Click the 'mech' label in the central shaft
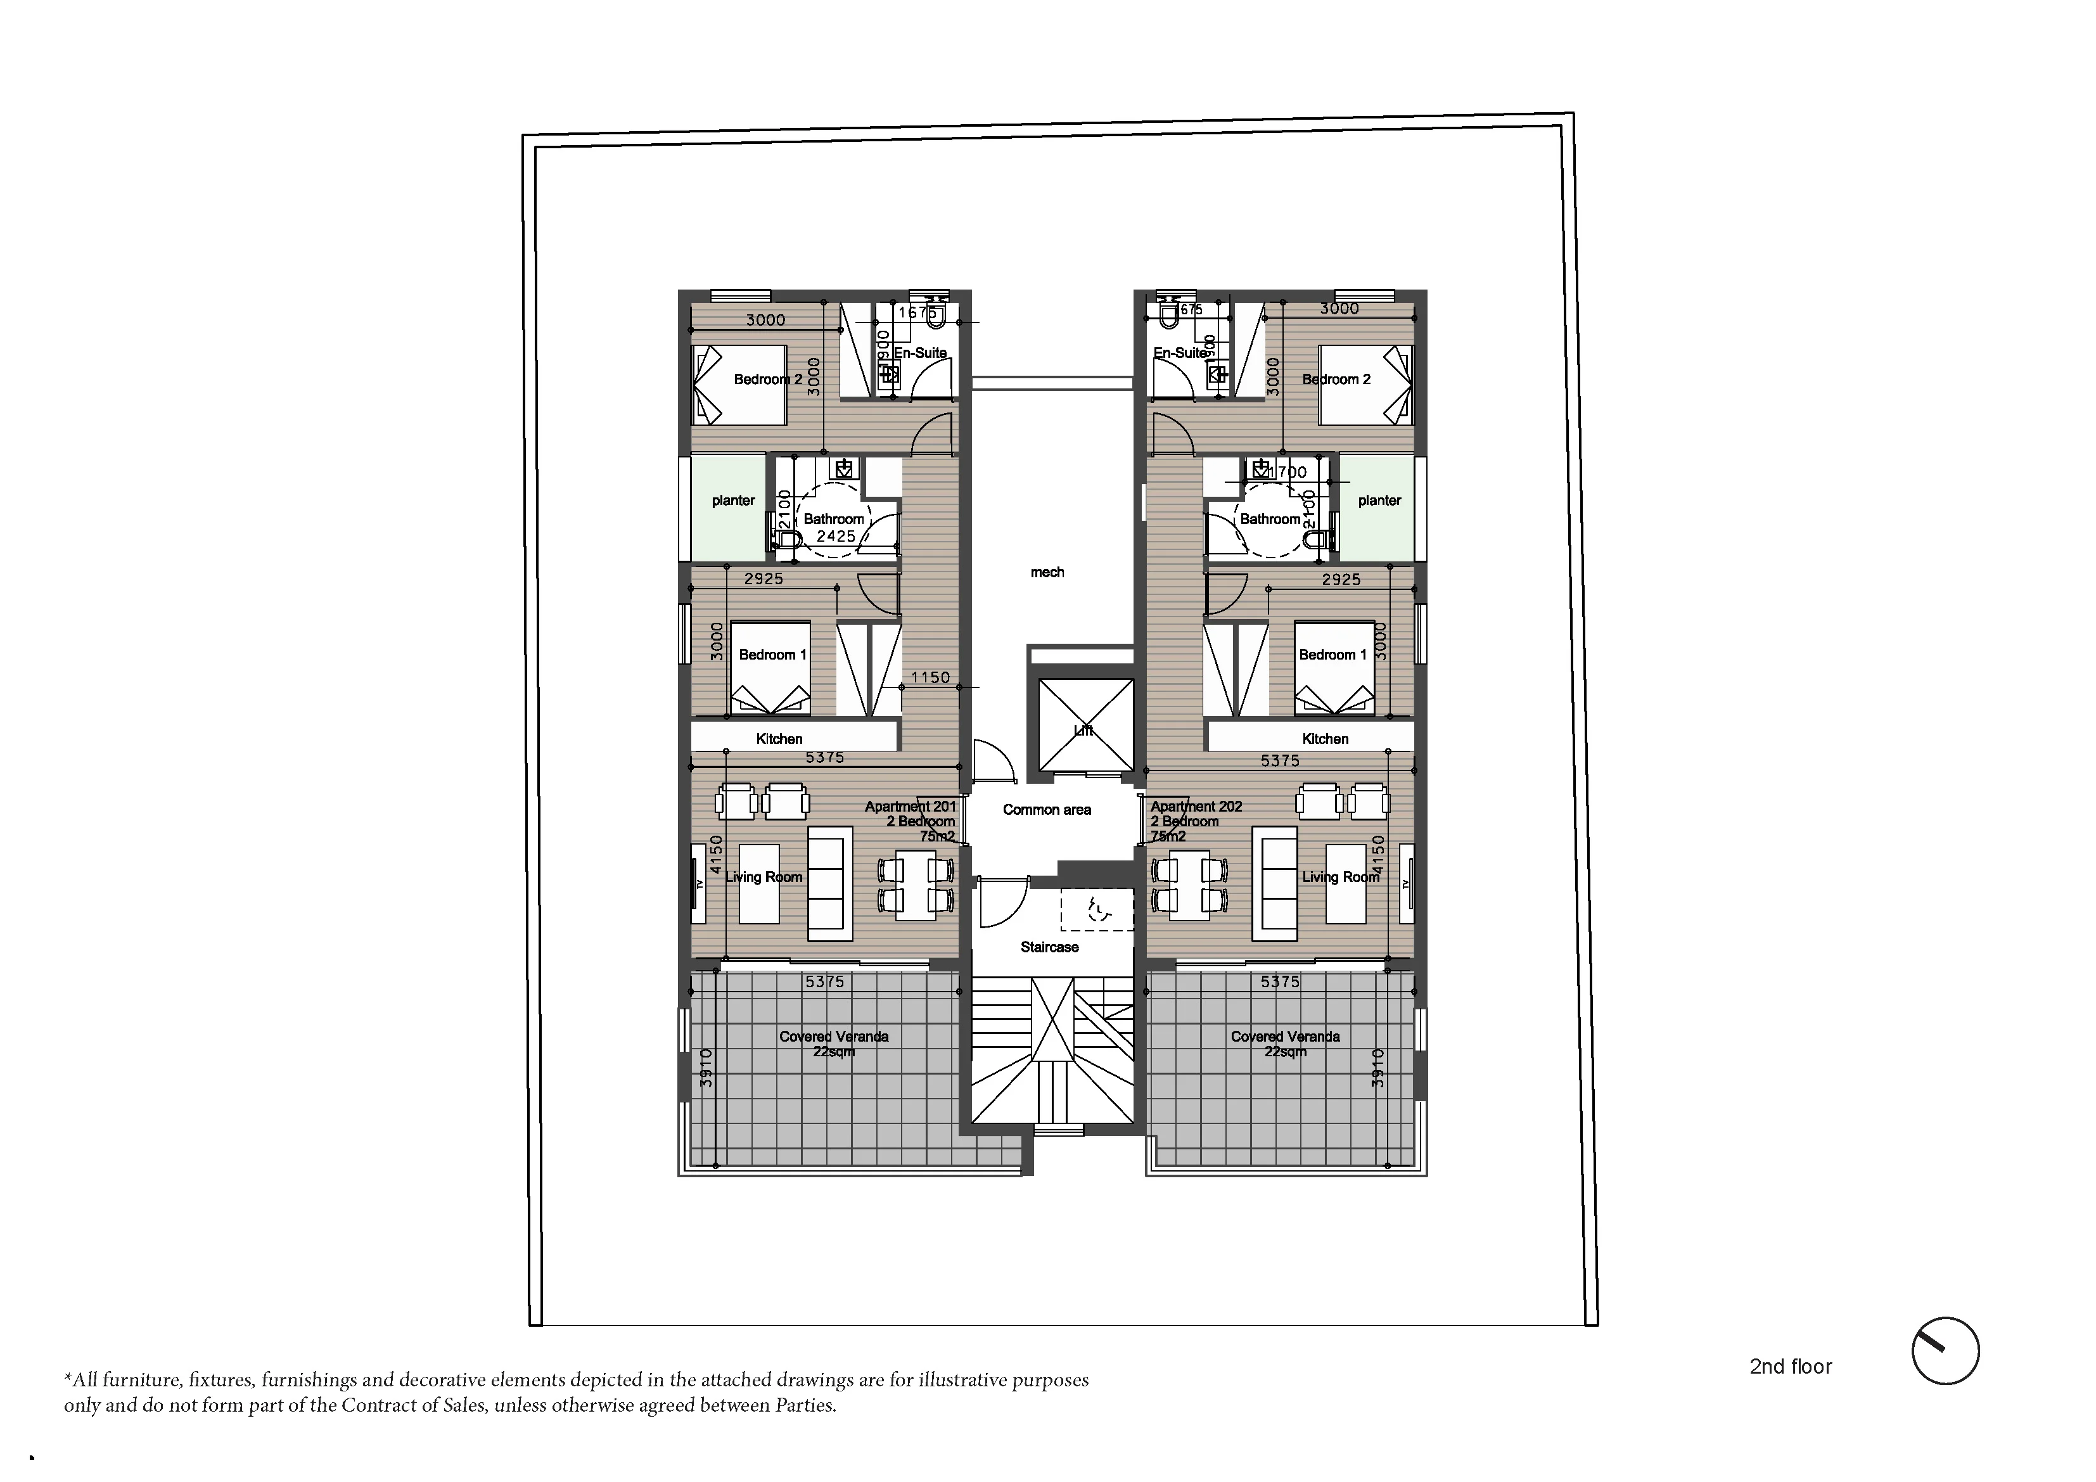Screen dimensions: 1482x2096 coord(1047,573)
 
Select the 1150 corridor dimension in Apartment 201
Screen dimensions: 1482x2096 coord(930,677)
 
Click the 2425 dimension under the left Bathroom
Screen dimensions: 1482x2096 coord(836,536)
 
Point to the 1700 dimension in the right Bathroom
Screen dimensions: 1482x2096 coord(1287,472)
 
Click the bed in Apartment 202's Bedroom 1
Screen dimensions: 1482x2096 coord(1334,668)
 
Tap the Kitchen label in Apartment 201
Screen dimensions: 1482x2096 coord(779,739)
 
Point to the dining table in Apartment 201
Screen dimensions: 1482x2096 coord(916,883)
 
